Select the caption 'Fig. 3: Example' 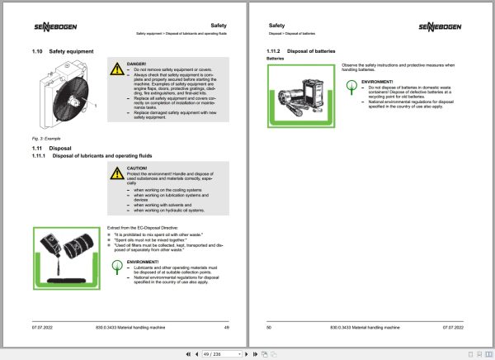point(45,137)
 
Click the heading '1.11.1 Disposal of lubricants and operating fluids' point(99,156)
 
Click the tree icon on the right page point(352,83)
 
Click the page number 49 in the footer point(225,328)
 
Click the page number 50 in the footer point(268,328)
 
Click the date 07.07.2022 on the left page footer point(43,328)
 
